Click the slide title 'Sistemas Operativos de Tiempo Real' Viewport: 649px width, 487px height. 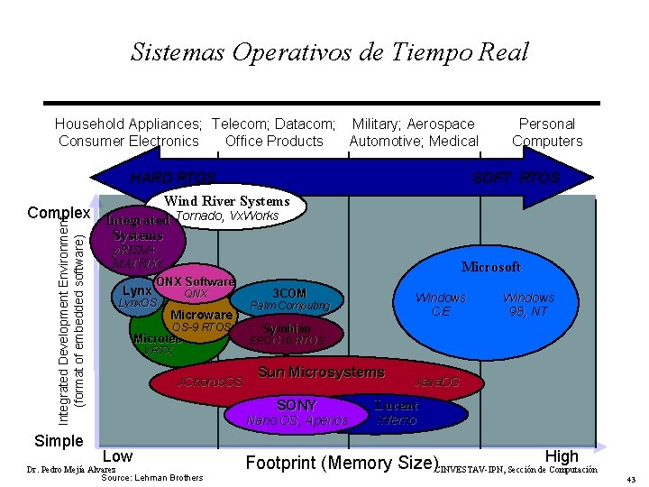click(x=329, y=52)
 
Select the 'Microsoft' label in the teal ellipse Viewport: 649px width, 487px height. click(x=491, y=267)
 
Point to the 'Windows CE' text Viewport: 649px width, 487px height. click(x=440, y=304)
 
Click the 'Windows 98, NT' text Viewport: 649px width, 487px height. click(x=528, y=304)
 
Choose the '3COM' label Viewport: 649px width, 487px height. click(x=289, y=293)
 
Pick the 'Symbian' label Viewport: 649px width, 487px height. click(x=287, y=328)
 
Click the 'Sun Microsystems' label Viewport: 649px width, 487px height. click(x=321, y=372)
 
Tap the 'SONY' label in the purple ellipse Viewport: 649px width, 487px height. click(x=297, y=405)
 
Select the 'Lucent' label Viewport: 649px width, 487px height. click(x=397, y=405)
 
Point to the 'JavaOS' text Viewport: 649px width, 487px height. click(x=436, y=382)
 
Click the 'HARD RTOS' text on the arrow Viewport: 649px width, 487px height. click(x=172, y=178)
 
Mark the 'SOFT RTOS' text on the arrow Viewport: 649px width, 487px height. click(x=516, y=178)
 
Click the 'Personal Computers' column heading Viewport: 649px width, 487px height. click(x=547, y=133)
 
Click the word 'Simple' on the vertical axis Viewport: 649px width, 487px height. click(x=58, y=441)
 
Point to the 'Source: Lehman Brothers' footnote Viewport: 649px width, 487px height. click(x=152, y=477)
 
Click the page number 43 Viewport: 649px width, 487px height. click(x=631, y=479)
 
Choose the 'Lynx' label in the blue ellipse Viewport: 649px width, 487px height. click(x=138, y=290)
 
